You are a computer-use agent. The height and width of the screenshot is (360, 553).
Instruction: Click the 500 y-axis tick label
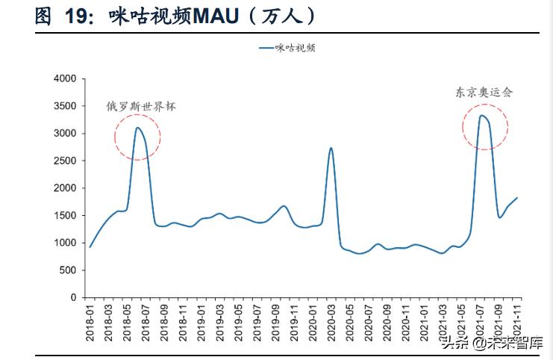click(69, 270)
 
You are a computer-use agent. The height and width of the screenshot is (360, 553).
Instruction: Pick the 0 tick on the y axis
click(74, 297)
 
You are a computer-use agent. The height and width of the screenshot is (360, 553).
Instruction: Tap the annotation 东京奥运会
click(484, 93)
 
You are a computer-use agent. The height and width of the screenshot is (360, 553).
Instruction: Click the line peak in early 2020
click(331, 148)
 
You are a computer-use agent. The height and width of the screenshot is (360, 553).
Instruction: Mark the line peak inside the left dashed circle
click(138, 128)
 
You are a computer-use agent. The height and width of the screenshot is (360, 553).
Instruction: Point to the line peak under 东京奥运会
click(482, 115)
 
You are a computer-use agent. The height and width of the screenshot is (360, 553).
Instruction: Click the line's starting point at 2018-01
click(90, 246)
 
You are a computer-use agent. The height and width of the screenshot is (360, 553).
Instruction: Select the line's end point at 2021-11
click(517, 198)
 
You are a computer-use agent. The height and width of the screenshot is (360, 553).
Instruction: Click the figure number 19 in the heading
click(72, 16)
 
